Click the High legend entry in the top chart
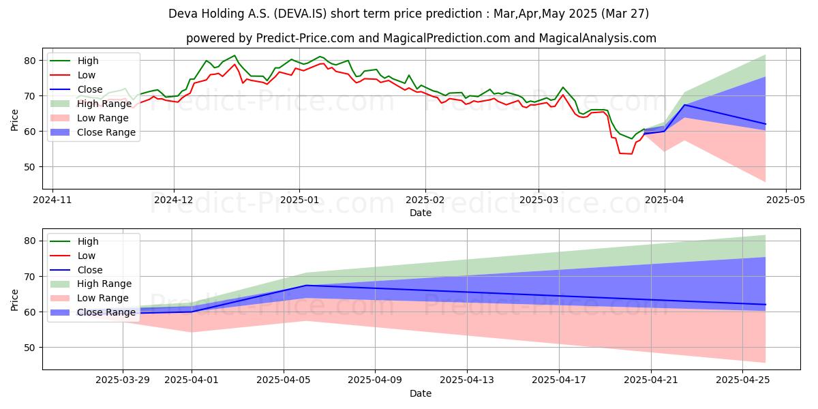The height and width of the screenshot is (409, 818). point(87,61)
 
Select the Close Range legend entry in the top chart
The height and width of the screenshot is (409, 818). point(106,132)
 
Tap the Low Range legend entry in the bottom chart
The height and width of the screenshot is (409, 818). point(102,298)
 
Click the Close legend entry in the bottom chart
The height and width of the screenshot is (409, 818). point(89,270)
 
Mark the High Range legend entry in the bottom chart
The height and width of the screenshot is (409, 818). point(104,284)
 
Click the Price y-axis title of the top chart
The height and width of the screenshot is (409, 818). point(15,117)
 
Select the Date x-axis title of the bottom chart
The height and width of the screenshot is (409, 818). point(421,394)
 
